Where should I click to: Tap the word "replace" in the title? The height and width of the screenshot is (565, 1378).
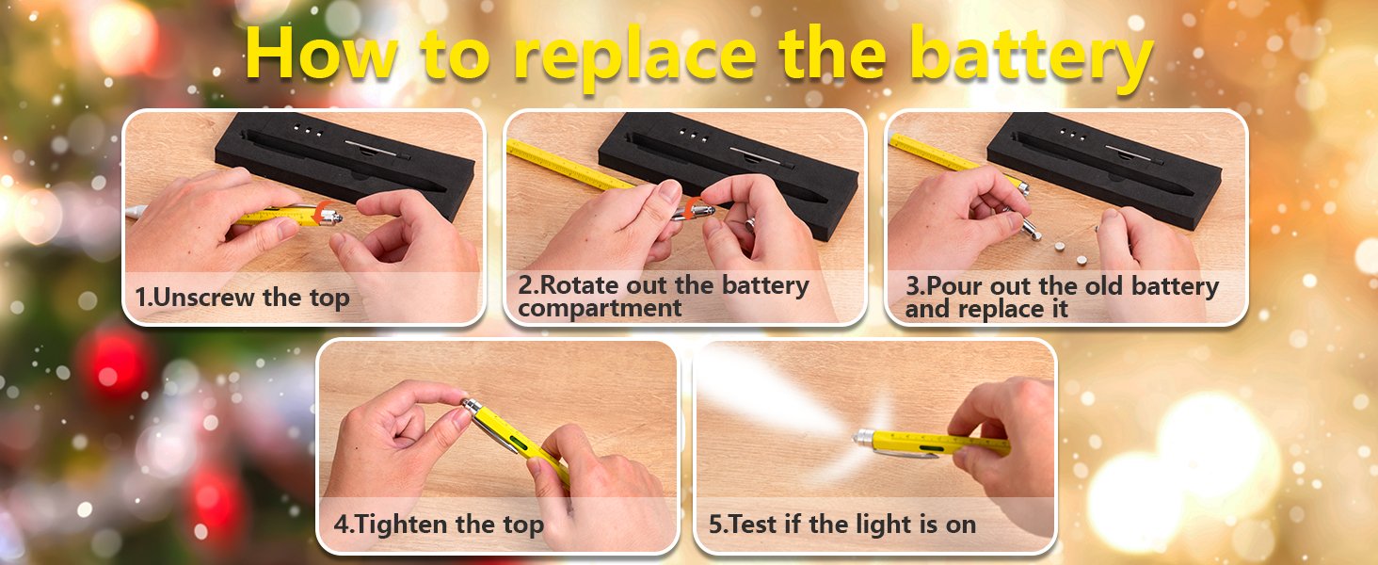(635, 57)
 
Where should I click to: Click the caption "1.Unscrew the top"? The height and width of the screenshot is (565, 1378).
(243, 298)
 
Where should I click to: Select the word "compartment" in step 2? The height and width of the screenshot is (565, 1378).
(600, 308)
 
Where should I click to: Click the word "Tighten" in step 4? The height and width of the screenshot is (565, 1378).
(403, 525)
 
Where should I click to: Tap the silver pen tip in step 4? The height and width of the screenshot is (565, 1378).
(473, 407)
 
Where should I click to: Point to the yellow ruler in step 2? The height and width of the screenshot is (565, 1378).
(569, 165)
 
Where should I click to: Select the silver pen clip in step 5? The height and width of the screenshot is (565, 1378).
(905, 454)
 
